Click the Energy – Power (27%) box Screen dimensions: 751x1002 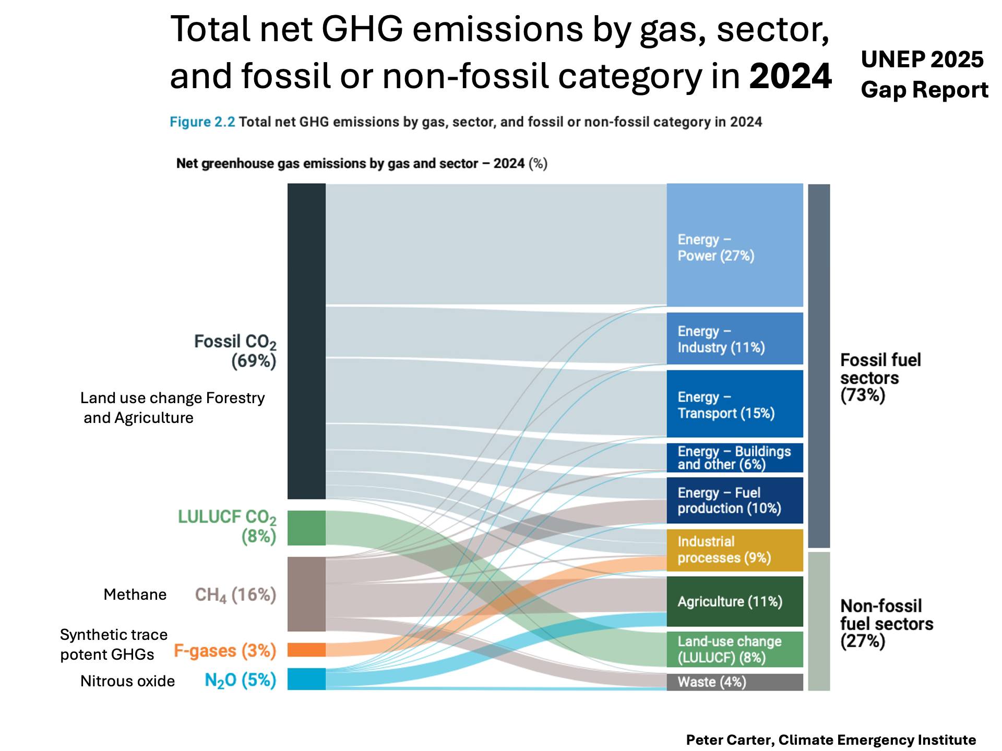point(735,245)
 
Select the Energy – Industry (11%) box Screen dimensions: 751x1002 point(735,338)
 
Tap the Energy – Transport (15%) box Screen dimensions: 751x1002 point(735,404)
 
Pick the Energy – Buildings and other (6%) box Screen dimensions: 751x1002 point(735,458)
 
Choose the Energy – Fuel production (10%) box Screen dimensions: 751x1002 point(735,500)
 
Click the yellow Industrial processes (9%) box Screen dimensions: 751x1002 point(735,550)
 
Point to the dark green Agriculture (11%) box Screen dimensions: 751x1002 point(735,601)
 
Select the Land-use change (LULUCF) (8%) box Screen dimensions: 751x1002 point(735,649)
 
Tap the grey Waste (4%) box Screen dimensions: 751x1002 point(735,682)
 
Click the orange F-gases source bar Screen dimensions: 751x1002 point(306,650)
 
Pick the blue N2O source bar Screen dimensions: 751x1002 point(306,679)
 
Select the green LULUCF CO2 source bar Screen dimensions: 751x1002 point(306,528)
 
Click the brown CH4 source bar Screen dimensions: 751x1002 point(306,594)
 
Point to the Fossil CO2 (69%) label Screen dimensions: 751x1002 point(235,351)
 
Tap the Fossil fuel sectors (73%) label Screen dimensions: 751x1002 point(880,378)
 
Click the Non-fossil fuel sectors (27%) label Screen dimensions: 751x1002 point(886,623)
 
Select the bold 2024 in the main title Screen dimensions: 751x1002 point(790,76)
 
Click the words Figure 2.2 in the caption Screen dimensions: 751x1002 point(202,122)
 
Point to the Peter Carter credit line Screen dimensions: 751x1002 point(831,740)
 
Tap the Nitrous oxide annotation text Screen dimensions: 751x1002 point(127,681)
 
